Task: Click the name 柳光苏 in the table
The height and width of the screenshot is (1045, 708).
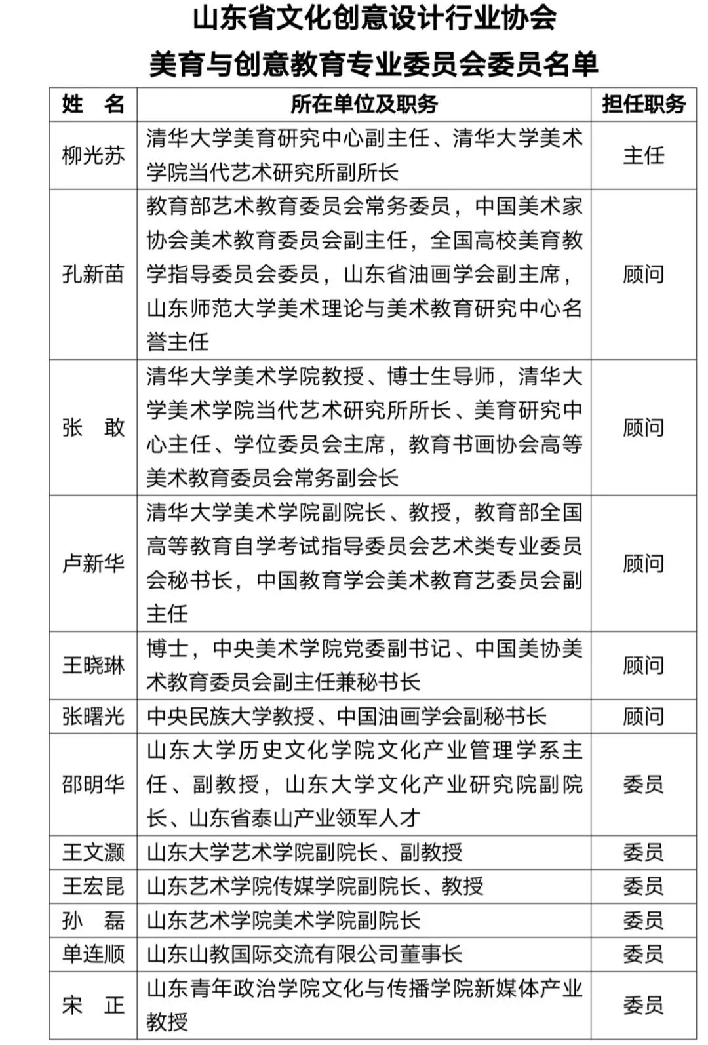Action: pyautogui.click(x=93, y=156)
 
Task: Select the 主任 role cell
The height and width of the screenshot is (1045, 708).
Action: pyautogui.click(x=643, y=156)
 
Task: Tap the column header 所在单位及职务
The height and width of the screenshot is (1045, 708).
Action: pyautogui.click(x=364, y=104)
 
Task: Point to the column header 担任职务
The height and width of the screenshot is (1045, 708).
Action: pyautogui.click(x=643, y=104)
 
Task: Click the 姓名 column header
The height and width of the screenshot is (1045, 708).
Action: pyautogui.click(x=93, y=104)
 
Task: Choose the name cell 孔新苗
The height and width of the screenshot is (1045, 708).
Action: pyautogui.click(x=93, y=274)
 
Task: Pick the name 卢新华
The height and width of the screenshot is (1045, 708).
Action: pyautogui.click(x=93, y=563)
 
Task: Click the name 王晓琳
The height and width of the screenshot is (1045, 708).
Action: pyautogui.click(x=93, y=665)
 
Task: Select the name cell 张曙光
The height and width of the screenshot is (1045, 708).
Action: pyautogui.click(x=93, y=717)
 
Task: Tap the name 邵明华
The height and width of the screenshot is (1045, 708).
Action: pyautogui.click(x=93, y=784)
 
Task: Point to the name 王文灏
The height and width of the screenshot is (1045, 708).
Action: pyautogui.click(x=93, y=852)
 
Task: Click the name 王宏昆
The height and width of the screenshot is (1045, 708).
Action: pyautogui.click(x=93, y=886)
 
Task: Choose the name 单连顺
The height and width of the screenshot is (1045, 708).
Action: pyautogui.click(x=93, y=954)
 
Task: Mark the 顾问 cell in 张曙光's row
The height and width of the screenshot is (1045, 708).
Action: pyautogui.click(x=643, y=717)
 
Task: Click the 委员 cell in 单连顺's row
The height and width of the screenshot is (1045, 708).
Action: pyautogui.click(x=643, y=954)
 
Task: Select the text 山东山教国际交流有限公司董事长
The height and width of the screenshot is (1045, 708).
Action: pyautogui.click(x=305, y=954)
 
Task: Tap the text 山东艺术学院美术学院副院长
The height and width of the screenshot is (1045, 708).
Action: pyautogui.click(x=283, y=920)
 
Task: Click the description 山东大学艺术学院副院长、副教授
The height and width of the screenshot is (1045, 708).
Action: pyautogui.click(x=305, y=852)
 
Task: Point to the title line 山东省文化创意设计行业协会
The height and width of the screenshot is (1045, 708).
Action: pyautogui.click(x=374, y=18)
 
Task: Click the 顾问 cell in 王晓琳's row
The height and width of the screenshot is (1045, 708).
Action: pyautogui.click(x=643, y=665)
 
